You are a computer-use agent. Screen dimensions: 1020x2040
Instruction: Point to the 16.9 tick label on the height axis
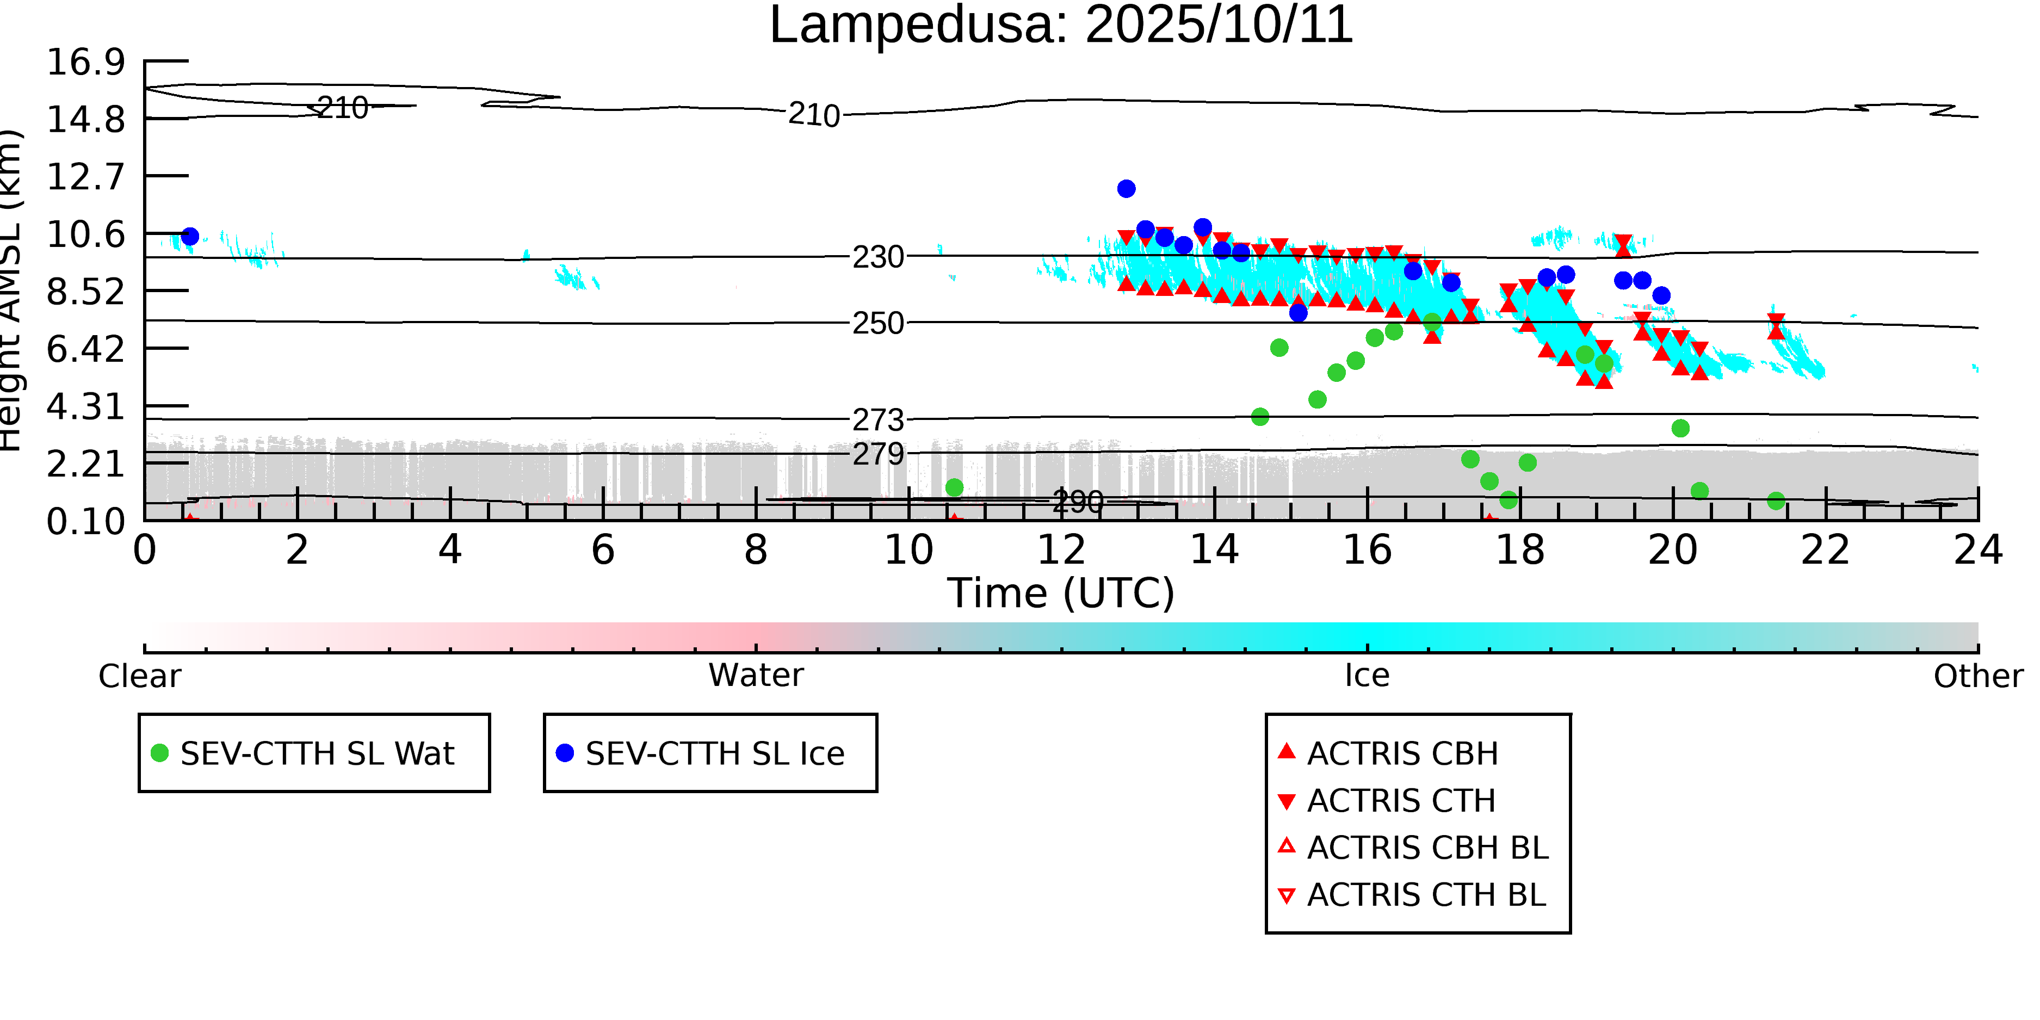click(85, 62)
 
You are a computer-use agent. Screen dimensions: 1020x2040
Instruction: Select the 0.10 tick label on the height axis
click(85, 522)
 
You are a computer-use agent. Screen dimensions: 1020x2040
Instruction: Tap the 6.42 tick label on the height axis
click(85, 349)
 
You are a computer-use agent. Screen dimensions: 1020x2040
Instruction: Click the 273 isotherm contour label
click(877, 420)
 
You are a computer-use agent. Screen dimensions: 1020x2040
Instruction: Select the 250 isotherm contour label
click(877, 323)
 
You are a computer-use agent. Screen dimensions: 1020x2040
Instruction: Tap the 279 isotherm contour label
click(877, 454)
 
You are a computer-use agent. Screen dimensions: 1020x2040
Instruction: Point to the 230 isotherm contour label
click(877, 257)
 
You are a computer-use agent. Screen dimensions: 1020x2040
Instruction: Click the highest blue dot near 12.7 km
click(1126, 188)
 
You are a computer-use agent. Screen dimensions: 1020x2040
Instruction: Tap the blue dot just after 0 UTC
click(190, 236)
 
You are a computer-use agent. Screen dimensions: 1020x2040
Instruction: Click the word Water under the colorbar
click(756, 676)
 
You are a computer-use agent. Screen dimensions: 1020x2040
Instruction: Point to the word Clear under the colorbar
click(139, 676)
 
